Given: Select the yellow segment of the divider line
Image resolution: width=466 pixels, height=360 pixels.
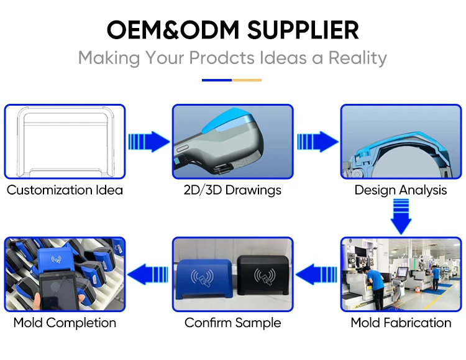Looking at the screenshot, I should coord(247,80).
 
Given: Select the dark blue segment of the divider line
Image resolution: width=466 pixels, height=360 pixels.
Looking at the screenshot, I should coord(217,80).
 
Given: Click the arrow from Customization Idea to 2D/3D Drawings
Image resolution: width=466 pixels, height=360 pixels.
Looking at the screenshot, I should coord(148,141).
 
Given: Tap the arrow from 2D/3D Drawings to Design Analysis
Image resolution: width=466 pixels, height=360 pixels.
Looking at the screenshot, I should coord(317,141).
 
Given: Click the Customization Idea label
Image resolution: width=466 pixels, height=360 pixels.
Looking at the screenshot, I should coord(65,190).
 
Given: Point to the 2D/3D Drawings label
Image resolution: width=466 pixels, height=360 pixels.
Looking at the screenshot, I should coord(232,190).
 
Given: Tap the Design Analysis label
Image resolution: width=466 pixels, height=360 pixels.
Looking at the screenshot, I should coord(400,190).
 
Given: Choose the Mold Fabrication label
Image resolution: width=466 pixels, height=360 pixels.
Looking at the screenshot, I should coord(401,323).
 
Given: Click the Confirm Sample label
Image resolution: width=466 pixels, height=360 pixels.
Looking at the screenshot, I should coord(232,323).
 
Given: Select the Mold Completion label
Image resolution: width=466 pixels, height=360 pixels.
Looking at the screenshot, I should coord(65,323).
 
